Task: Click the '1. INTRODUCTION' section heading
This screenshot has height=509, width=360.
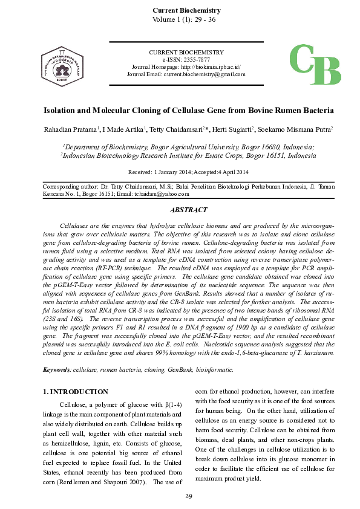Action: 76,392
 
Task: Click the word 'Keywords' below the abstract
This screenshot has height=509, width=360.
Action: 57,369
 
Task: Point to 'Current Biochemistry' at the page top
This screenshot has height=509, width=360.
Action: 186,10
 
